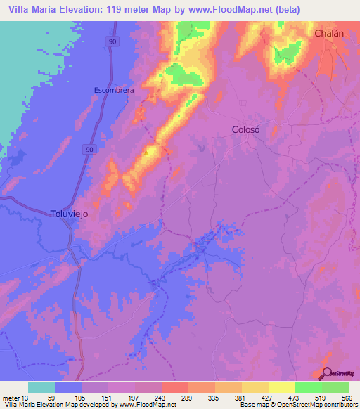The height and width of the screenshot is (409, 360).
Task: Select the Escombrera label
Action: pos(114,90)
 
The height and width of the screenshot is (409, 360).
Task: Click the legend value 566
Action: pos(347,398)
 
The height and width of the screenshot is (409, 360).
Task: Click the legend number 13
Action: pos(26,398)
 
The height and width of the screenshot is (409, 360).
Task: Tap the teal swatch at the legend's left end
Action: pos(41,387)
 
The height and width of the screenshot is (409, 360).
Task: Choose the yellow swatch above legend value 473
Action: pos(281,387)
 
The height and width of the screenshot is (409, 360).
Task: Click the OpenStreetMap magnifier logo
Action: pos(328,374)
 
